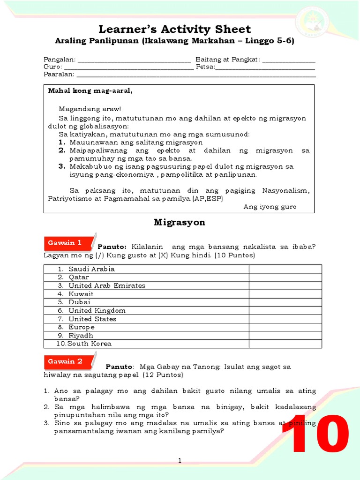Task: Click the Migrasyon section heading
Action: click(x=180, y=222)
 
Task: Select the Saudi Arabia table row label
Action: click(x=91, y=269)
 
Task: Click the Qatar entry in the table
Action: click(x=78, y=277)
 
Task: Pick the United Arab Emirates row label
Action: click(x=107, y=285)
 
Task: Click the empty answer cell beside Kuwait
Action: click(x=285, y=294)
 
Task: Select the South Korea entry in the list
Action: click(x=90, y=344)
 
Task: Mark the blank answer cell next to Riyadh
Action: click(x=285, y=336)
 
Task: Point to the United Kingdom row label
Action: click(x=97, y=310)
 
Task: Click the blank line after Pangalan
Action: click(x=134, y=60)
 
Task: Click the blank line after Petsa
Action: click(x=265, y=67)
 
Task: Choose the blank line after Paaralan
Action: click(x=196, y=75)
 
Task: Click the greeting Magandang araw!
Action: click(x=90, y=109)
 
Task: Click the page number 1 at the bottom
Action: click(x=180, y=461)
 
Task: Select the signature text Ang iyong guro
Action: click(x=270, y=207)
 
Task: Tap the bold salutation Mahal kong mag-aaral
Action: click(x=90, y=90)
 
